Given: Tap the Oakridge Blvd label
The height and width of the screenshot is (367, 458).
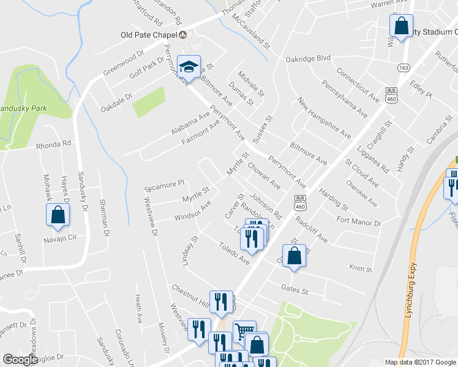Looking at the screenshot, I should (308, 58).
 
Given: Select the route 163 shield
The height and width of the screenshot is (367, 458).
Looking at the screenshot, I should (403, 67).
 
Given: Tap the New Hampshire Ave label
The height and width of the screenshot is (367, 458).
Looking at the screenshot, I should (324, 117).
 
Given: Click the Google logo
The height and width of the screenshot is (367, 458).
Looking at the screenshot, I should (20, 360).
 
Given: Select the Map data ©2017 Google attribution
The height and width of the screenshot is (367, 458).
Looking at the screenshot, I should (420, 362).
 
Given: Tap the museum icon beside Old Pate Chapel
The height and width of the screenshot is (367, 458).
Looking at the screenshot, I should (182, 35).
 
